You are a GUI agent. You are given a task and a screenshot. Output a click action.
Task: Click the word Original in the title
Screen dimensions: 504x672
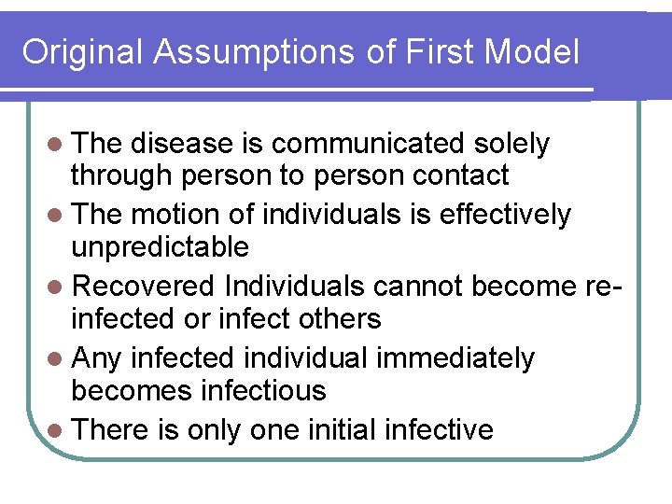83,52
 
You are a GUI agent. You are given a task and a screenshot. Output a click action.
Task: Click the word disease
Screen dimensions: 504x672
183,144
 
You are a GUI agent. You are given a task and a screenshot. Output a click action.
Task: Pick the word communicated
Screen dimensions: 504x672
369,144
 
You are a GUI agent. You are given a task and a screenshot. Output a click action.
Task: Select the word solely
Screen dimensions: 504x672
511,144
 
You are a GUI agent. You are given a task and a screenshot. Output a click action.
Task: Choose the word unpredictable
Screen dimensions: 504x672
161,247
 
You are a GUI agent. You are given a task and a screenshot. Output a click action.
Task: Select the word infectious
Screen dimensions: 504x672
262,390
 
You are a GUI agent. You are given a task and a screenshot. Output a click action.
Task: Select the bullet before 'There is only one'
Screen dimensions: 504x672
58,430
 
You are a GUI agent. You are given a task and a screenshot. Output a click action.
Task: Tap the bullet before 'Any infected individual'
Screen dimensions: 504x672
58,359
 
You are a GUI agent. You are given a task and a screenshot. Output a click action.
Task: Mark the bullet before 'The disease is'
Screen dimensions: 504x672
58,145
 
